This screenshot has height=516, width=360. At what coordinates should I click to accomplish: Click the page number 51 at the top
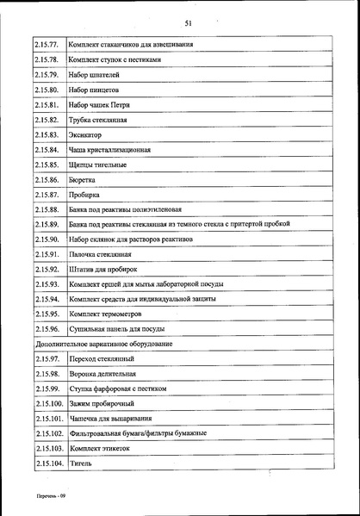188,23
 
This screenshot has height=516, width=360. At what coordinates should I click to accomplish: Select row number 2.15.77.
47,44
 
